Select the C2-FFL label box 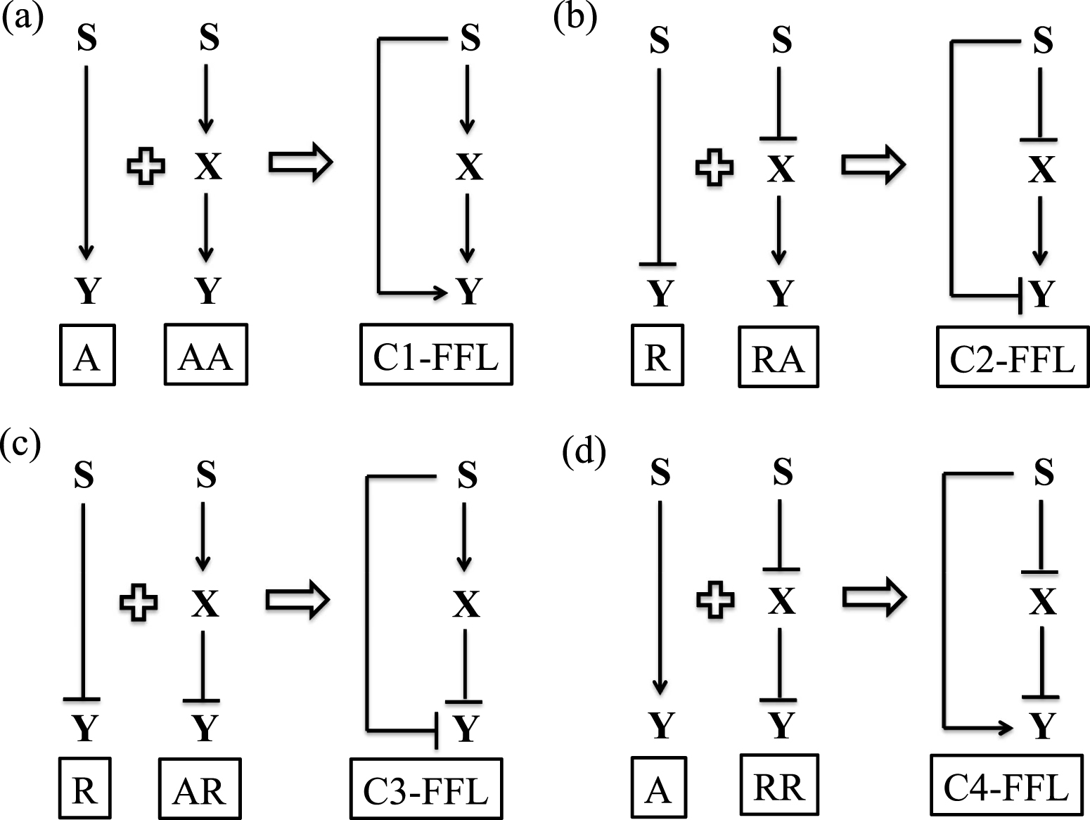(1012, 357)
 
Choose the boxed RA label (778, 357)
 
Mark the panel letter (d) (584, 454)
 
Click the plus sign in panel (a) (146, 166)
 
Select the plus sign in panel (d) (715, 599)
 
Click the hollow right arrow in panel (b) (873, 165)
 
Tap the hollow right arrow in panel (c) (297, 600)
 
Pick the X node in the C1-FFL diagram (469, 167)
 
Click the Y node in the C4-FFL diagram (1043, 725)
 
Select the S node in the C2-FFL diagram (1043, 40)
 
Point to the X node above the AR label (205, 603)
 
